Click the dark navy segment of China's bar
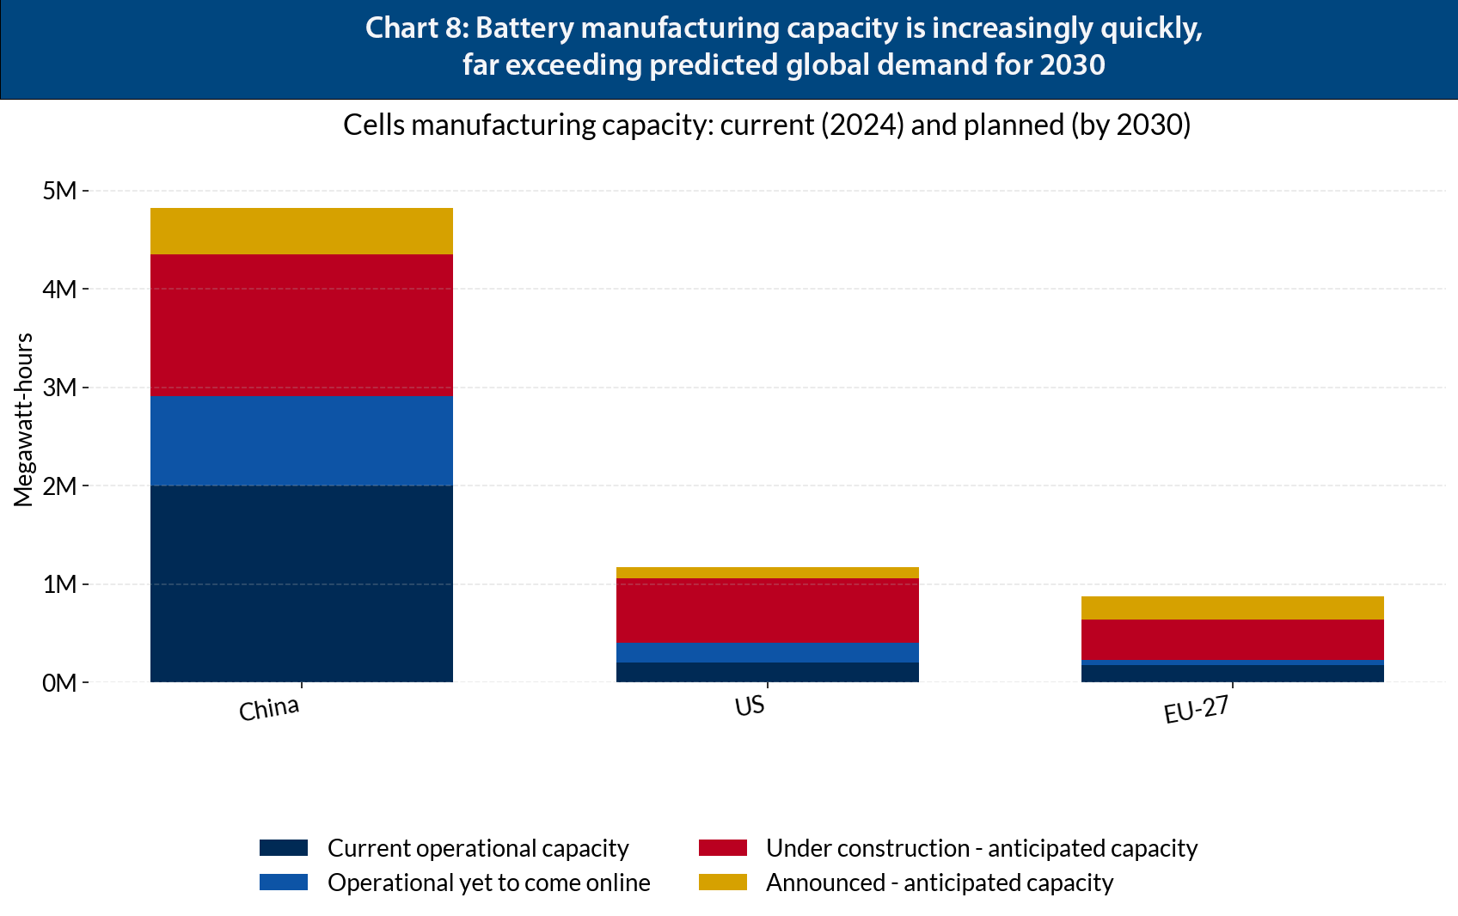301,583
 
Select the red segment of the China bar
301,325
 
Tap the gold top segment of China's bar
301,231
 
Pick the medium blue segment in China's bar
301,441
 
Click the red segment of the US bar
767,610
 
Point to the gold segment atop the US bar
767,573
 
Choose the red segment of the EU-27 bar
1232,639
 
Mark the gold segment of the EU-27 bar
1232,608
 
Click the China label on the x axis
269,710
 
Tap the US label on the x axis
750,706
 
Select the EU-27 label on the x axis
1196,711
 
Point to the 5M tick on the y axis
60,191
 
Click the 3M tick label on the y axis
60,388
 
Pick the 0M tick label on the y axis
60,683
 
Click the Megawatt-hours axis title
23,419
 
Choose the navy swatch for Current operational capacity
284,848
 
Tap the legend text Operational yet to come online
488,882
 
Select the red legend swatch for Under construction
722,848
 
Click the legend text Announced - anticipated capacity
939,882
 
